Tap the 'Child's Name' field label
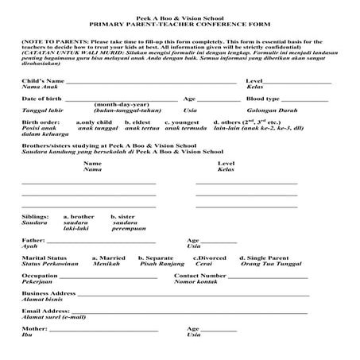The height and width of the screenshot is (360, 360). coord(42,82)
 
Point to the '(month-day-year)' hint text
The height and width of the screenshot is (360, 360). coord(122,104)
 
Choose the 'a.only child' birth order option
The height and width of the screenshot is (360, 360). coord(94,122)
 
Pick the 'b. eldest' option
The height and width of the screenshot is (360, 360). coord(140,122)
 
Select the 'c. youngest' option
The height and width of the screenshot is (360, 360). coord(182,122)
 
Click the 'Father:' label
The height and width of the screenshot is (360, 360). coord(33,239)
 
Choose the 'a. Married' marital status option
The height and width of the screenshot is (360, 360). coord(109,257)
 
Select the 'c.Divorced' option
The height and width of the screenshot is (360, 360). coord(211,257)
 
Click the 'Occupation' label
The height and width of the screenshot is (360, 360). coord(41,275)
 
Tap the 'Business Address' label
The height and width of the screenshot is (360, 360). coord(48,292)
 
